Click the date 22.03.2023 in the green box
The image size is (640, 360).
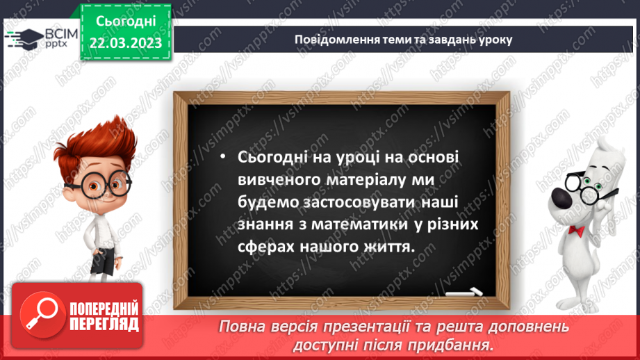click(x=125, y=43)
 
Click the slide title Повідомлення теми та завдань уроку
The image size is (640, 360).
click(x=403, y=39)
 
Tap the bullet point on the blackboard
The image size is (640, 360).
click(x=222, y=158)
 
